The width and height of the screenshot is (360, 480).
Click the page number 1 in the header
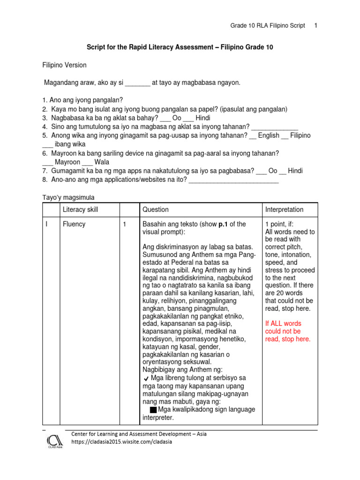316,25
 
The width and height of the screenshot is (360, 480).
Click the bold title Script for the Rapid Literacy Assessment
180,47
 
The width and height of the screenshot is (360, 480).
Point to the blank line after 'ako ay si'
138,83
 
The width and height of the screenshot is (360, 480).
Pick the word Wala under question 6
102,162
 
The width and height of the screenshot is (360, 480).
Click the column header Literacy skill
80,210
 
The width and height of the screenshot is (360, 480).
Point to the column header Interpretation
284,210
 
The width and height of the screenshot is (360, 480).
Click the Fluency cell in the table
74,224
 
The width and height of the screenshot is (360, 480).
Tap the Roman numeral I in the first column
46,224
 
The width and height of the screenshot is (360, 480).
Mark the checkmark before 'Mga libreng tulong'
147,378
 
